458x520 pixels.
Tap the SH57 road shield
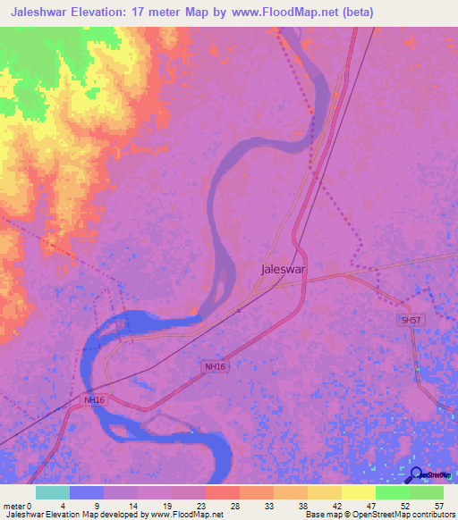tap(411, 320)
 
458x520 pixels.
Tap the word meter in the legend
tap(13, 506)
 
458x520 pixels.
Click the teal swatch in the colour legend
tap(53, 492)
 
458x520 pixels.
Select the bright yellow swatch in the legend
tap(359, 492)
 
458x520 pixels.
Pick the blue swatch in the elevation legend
tap(87, 492)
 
